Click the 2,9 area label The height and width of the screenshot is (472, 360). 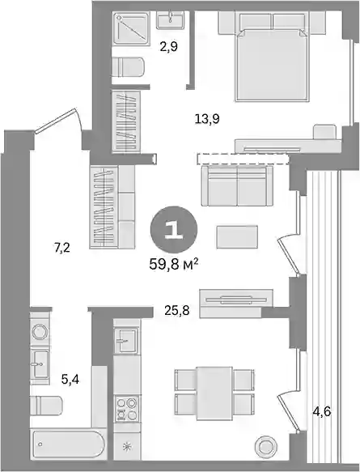coord(169,47)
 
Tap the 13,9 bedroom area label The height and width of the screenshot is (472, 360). coord(207,119)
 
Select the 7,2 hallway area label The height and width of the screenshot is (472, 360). coord(62,249)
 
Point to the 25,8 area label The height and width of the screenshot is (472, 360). coord(177,310)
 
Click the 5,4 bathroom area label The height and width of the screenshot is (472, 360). coord(70,380)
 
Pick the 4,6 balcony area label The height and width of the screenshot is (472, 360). coord(321,411)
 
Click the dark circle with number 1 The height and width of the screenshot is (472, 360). coord(174,229)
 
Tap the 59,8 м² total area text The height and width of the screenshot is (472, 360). coord(174,265)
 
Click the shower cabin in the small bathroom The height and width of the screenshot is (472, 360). coord(131,28)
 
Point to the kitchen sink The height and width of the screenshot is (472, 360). coord(126,339)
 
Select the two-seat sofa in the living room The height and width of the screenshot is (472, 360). coord(237,186)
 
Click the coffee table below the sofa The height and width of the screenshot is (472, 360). coord(237,237)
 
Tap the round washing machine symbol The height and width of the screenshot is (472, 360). coord(40,333)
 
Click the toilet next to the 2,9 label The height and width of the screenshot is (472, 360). coord(128,67)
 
